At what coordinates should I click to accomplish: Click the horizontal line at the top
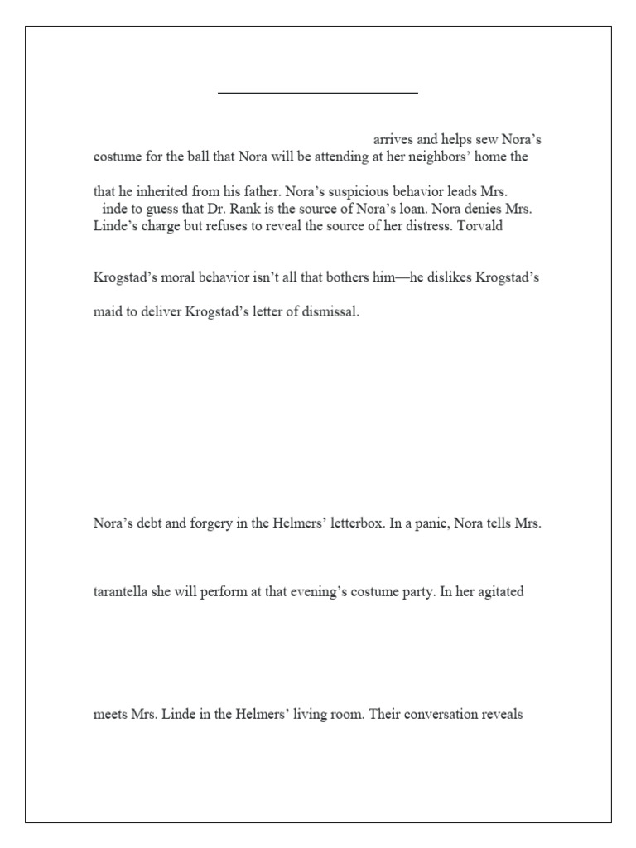pos(318,94)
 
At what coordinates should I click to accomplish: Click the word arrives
pos(393,139)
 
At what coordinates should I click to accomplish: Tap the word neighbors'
pos(441,156)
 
